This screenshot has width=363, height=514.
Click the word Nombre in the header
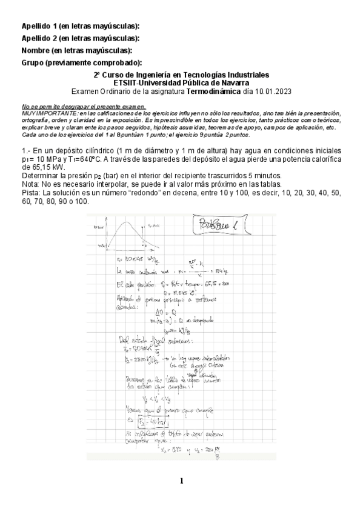coord(35,50)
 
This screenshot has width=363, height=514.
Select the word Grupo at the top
coord(33,62)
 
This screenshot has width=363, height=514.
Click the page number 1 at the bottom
coord(181,482)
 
